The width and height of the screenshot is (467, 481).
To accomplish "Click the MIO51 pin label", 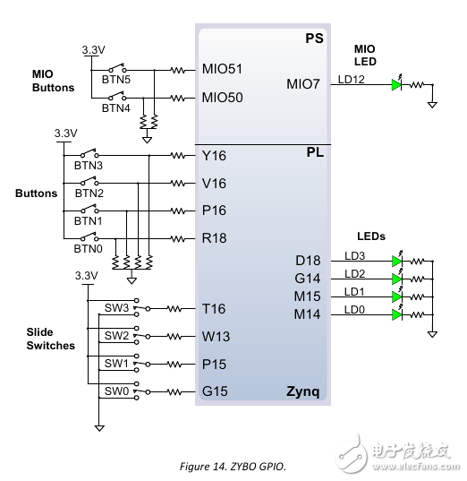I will click(223, 69).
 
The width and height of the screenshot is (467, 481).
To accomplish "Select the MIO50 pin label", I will click(223, 97).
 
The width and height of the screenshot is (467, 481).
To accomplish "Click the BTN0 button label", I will click(88, 248).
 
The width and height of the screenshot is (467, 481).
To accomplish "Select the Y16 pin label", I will click(215, 155).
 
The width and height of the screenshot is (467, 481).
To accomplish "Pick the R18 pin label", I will click(215, 239).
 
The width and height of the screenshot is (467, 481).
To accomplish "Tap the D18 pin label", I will click(309, 261).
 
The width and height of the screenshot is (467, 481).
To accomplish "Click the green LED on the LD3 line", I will click(396, 261).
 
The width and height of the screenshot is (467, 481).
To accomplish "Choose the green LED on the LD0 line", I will click(396, 314).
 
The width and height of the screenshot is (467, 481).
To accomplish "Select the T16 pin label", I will click(215, 308).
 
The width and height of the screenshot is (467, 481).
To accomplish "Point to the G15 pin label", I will click(215, 391).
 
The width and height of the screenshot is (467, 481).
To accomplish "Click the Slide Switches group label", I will click(50, 339).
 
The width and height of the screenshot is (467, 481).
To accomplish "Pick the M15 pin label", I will click(309, 296).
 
